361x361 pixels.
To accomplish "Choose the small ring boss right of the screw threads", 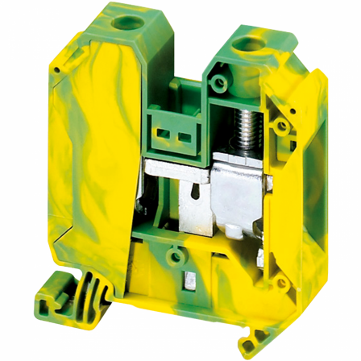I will click(279, 126).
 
